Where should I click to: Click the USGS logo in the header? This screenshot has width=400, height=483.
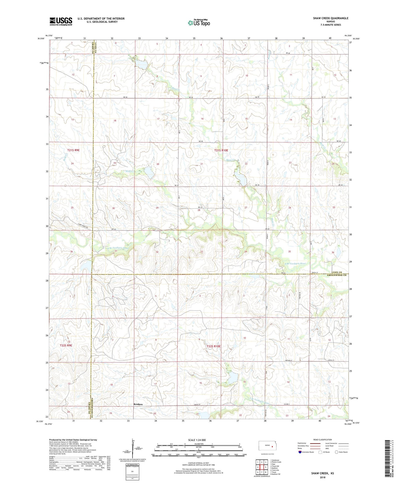(61, 21)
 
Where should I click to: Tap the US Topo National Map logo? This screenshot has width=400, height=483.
(199, 23)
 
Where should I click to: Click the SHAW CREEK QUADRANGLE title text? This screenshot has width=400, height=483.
(331, 18)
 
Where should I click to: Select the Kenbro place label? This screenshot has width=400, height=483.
(138, 404)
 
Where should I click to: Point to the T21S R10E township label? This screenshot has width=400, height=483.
(221, 150)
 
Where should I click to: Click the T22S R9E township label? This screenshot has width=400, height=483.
(66, 345)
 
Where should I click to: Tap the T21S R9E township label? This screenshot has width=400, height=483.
(73, 150)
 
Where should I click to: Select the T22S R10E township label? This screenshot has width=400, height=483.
(213, 346)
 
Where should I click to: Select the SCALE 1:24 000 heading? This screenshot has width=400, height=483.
(197, 440)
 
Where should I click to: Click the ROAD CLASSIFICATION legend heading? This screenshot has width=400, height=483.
(322, 440)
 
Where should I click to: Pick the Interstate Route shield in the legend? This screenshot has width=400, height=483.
(300, 452)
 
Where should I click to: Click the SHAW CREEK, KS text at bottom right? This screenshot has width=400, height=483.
(322, 473)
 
